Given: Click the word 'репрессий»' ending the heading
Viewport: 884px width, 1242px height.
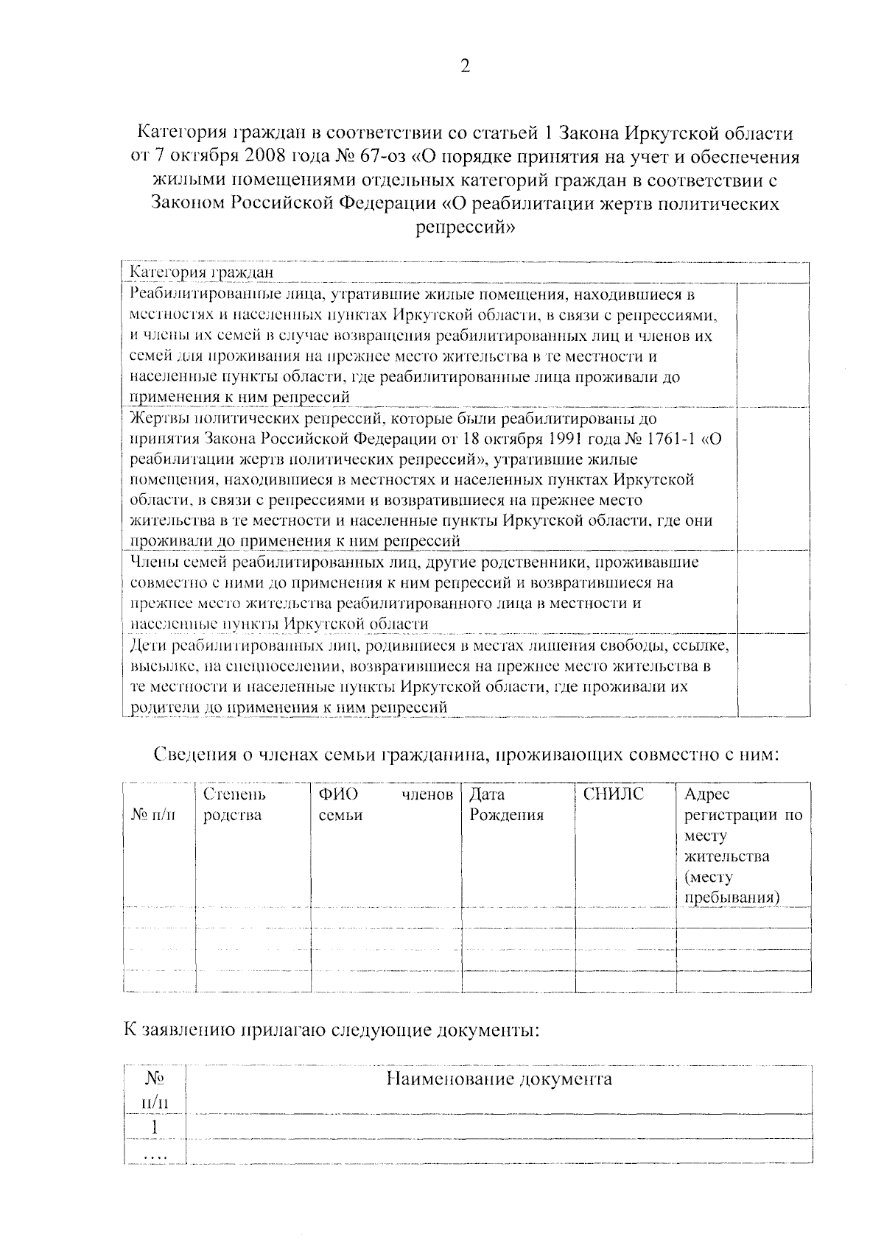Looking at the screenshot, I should click(465, 227).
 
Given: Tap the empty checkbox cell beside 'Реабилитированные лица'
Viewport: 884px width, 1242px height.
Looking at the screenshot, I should click(773, 345).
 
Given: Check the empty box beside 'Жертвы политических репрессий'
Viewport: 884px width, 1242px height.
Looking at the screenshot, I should click(773, 479).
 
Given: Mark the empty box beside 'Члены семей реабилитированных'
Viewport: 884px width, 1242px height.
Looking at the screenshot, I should click(773, 592).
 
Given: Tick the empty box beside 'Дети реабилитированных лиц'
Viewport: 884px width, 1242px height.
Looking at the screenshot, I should click(773, 674).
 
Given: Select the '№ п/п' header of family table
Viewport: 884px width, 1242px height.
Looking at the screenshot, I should click(154, 814).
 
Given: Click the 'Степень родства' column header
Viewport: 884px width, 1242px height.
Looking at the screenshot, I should click(234, 805).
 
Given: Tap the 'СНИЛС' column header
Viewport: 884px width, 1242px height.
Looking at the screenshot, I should click(613, 794).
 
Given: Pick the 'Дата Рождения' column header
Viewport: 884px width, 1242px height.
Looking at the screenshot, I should click(506, 805).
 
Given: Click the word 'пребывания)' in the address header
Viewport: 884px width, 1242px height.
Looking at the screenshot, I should click(732, 897).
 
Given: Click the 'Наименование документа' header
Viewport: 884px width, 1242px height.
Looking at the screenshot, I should click(499, 1079).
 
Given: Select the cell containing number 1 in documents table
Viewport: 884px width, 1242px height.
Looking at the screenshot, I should click(154, 1127).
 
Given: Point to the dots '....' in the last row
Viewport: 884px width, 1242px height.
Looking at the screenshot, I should click(155, 1157).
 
